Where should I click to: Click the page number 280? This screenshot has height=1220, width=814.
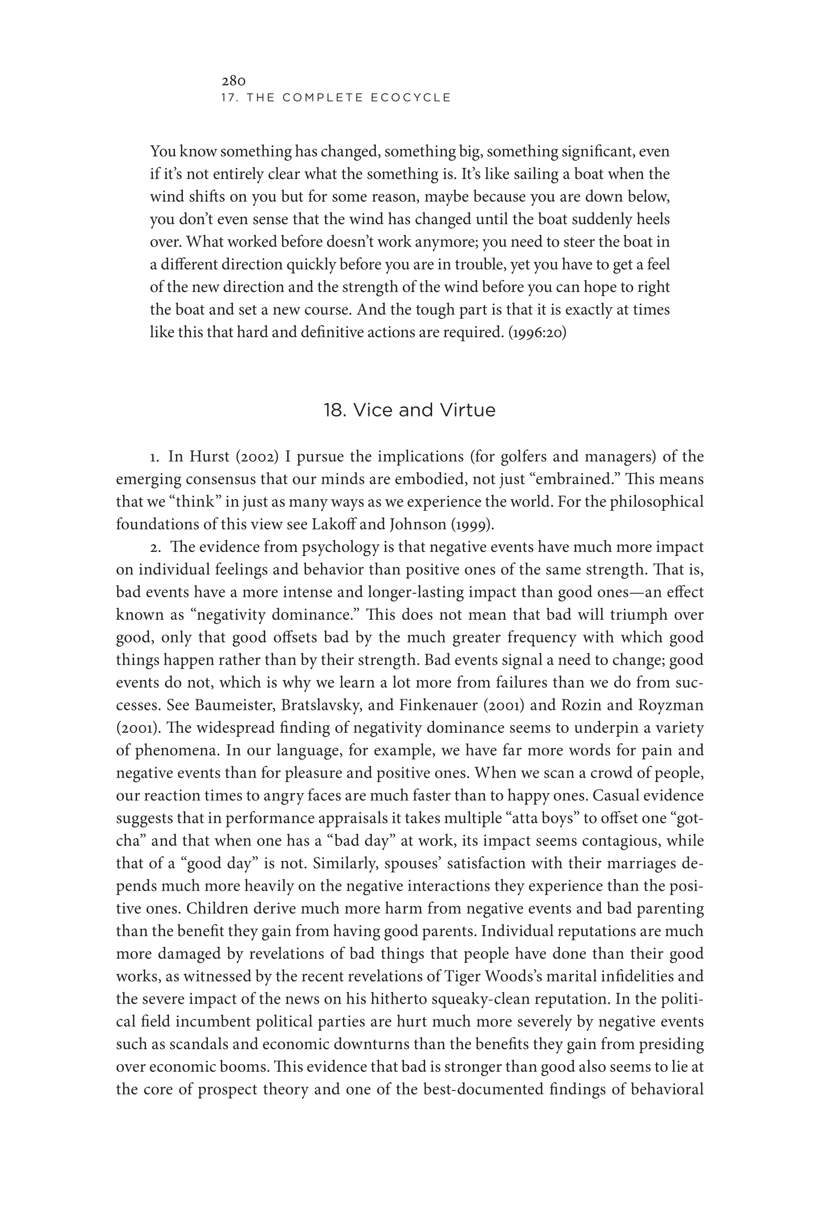[x=233, y=81]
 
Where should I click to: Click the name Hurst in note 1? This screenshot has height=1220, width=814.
[x=209, y=456]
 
